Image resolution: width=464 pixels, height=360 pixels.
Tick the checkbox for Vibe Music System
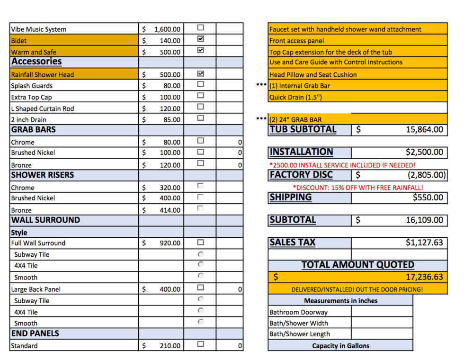click(x=200, y=28)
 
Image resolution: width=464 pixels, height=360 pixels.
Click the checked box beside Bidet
click(x=200, y=39)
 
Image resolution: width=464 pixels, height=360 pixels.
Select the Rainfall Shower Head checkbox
click(x=200, y=73)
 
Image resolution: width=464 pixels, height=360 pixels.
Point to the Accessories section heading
click(x=36, y=62)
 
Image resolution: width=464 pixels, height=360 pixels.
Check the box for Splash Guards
click(x=200, y=84)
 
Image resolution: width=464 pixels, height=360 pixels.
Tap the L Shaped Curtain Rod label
click(x=43, y=108)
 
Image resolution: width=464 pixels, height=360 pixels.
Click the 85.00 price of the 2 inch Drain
click(x=171, y=120)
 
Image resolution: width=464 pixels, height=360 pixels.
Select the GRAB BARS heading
click(x=33, y=130)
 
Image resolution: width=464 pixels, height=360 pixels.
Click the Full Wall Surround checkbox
click(x=200, y=242)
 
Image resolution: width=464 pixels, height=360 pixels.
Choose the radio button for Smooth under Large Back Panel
click(x=201, y=322)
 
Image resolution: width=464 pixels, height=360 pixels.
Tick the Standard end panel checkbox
click(x=200, y=344)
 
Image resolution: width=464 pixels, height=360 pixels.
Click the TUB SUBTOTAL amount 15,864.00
click(x=424, y=130)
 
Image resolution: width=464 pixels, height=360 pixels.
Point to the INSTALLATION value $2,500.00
click(x=424, y=153)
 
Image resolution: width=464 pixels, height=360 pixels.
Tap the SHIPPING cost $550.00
click(x=428, y=198)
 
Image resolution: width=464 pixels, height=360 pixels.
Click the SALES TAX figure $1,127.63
click(x=424, y=243)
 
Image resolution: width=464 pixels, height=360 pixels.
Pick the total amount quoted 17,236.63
click(x=424, y=277)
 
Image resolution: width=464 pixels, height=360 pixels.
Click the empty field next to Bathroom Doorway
click(x=382, y=312)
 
